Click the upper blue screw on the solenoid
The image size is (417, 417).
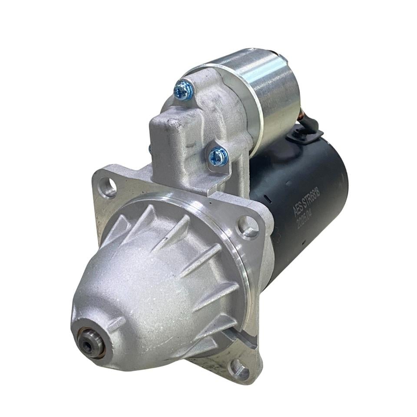pyautogui.click(x=183, y=90)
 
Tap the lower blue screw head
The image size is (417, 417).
pyautogui.click(x=218, y=156)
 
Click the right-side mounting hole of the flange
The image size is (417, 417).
pyautogui.click(x=248, y=227)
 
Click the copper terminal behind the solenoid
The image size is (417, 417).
pyautogui.click(x=299, y=118)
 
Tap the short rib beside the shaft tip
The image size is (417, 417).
pyautogui.click(x=116, y=323)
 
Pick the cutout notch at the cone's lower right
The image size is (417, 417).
pyautogui.click(x=237, y=334)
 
